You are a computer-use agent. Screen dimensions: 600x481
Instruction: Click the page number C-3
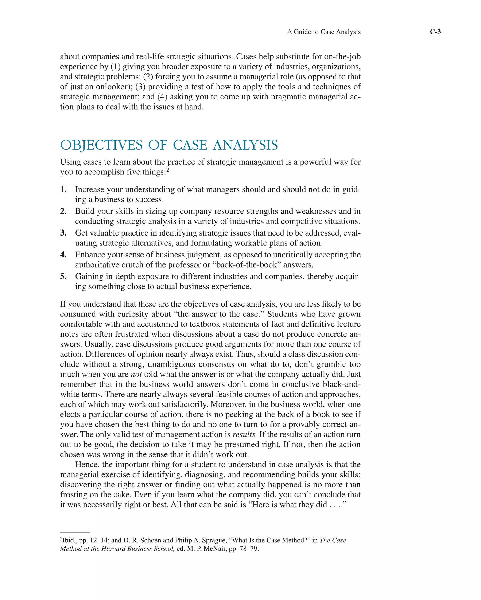pyautogui.click(x=435, y=32)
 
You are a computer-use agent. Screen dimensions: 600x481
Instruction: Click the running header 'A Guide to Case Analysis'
pyautogui.click(x=324, y=32)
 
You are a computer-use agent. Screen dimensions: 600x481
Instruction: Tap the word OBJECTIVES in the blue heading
pyautogui.click(x=101, y=145)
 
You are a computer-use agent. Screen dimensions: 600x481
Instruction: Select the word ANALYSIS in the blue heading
pyautogui.click(x=245, y=145)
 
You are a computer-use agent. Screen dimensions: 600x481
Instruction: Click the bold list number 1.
pyautogui.click(x=63, y=189)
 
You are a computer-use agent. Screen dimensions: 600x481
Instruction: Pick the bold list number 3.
pyautogui.click(x=63, y=233)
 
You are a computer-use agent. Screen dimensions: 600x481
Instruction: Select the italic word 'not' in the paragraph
pyautogui.click(x=136, y=374)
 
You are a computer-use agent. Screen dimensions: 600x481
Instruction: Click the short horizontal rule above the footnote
pyautogui.click(x=75, y=532)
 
